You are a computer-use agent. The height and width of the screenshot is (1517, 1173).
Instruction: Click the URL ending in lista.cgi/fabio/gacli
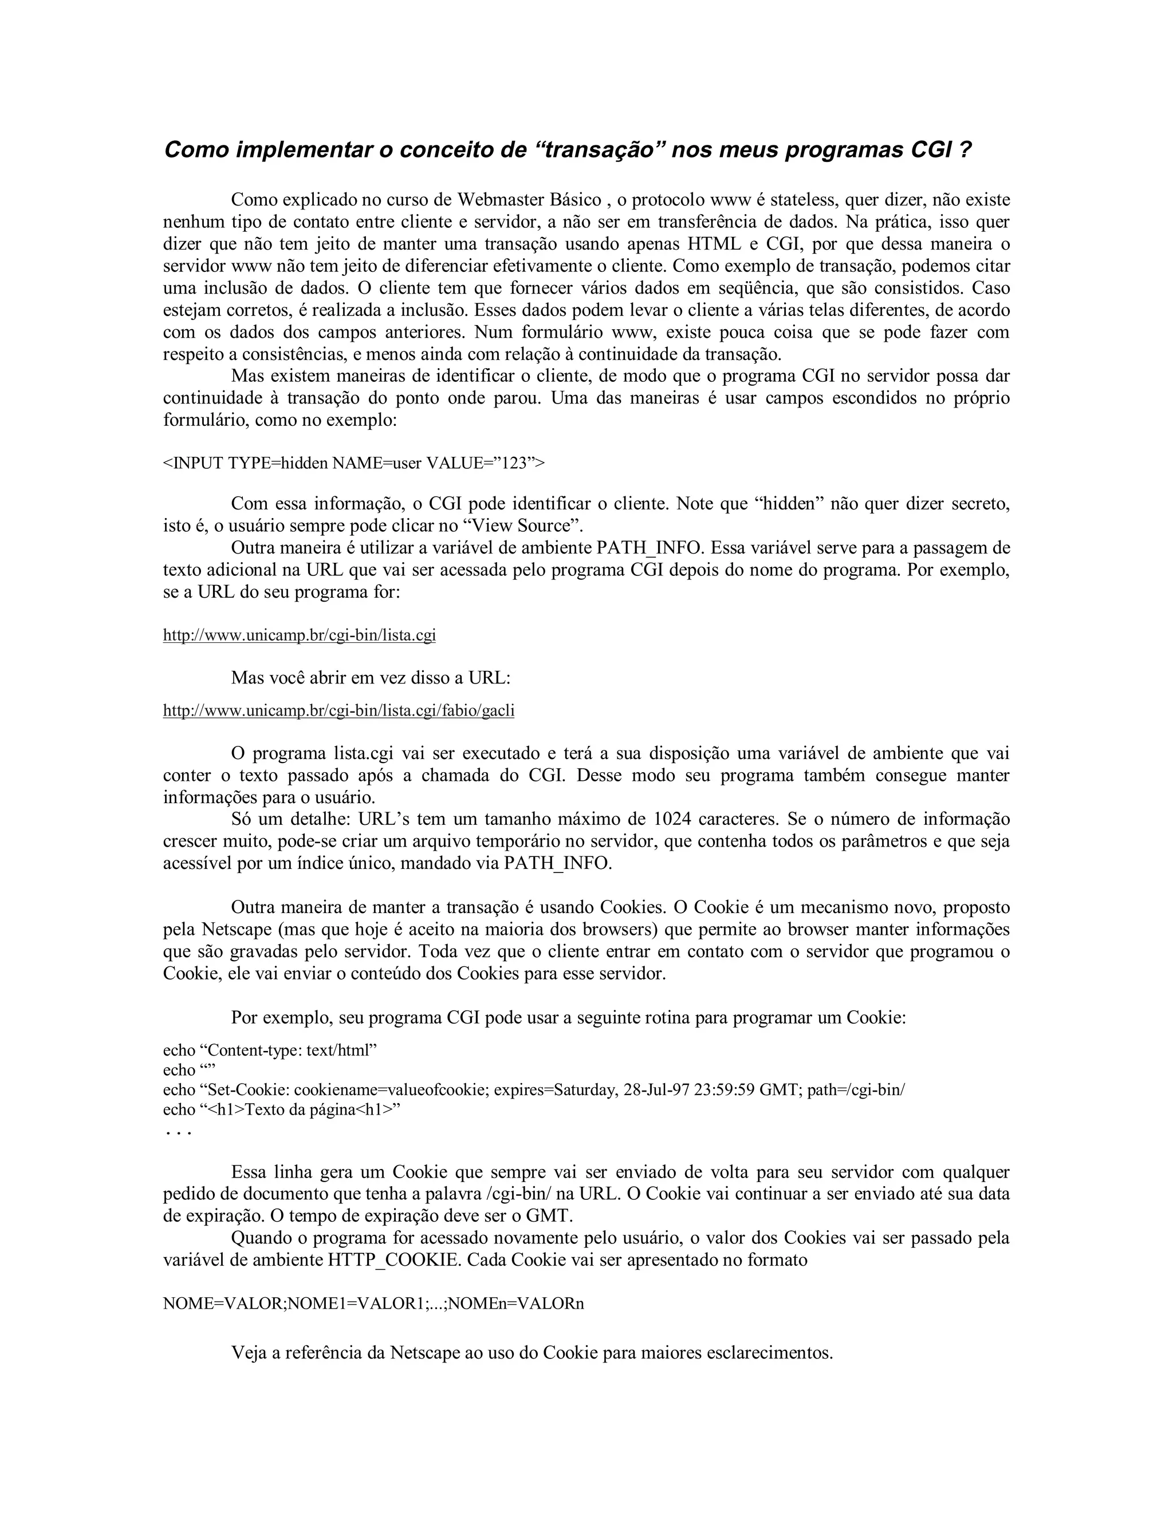point(338,710)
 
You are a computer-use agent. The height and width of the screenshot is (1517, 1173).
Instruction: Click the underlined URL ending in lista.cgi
point(300,635)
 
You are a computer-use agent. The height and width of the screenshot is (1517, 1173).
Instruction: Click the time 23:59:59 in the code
point(723,1089)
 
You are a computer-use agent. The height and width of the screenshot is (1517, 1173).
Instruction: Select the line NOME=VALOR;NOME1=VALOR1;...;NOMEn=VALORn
point(373,1303)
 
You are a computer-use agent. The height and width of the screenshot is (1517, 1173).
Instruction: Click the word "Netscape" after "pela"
point(234,929)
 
